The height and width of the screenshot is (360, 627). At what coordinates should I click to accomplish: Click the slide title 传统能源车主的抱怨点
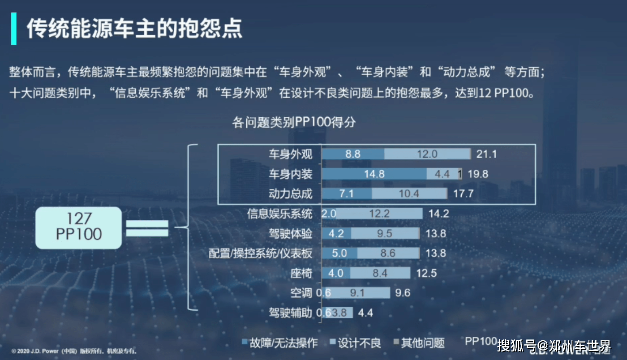coord(134,29)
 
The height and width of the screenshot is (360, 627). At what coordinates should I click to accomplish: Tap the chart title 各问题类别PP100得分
coord(294,122)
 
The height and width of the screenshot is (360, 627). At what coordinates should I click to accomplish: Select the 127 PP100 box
coord(78,227)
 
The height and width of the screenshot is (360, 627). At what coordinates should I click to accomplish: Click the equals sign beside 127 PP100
coord(147,227)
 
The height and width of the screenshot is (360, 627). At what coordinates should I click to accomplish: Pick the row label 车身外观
coord(290,154)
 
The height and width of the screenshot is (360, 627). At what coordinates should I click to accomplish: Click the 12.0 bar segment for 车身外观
coord(427,154)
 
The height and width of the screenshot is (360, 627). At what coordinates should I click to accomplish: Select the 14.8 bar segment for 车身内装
coord(374,174)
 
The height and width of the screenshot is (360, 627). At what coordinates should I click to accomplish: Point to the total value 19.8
coord(478,174)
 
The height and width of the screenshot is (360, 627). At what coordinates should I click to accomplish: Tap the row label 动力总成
coord(290,194)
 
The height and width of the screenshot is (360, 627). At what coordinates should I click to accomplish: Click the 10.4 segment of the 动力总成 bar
coord(409,194)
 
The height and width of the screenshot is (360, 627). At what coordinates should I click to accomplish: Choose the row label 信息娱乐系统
coord(279,214)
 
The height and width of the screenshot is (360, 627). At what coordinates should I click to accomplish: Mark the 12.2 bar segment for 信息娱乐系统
coord(379,214)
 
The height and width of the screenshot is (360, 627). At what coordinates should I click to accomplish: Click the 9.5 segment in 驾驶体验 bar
coord(384,233)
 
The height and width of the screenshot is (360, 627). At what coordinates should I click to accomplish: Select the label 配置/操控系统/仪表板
coord(260,253)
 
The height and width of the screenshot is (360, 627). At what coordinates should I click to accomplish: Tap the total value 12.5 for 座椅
coord(426,273)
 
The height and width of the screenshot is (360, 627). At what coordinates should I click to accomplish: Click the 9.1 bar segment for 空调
coord(360,293)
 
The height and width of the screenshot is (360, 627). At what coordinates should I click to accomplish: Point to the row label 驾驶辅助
coord(290,313)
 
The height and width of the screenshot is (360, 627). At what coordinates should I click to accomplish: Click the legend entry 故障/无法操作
coord(279,343)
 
